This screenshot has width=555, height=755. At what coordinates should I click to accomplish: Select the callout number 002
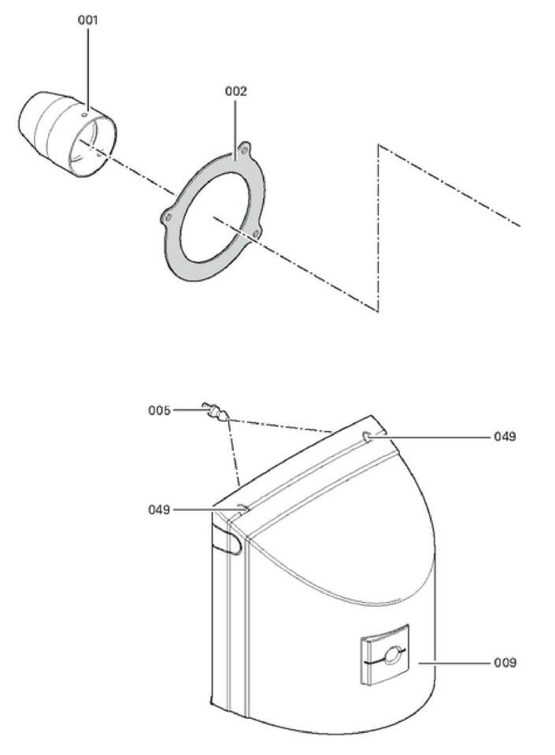tap(235, 91)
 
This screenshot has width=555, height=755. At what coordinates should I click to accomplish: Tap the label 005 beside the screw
tap(160, 410)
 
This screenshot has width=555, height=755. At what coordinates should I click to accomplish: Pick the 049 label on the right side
tap(505, 436)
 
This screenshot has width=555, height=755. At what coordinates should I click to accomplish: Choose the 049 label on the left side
tap(160, 509)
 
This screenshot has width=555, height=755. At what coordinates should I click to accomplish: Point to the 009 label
tap(505, 663)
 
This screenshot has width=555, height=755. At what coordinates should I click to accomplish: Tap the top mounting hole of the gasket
tap(245, 147)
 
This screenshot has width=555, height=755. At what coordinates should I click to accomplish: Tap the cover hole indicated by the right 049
tap(367, 435)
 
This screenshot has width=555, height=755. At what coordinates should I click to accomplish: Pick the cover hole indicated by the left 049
tap(243, 509)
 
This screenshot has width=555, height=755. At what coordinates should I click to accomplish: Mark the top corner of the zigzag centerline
tap(379, 146)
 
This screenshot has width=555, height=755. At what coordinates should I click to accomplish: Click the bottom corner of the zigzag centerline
tap(378, 309)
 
